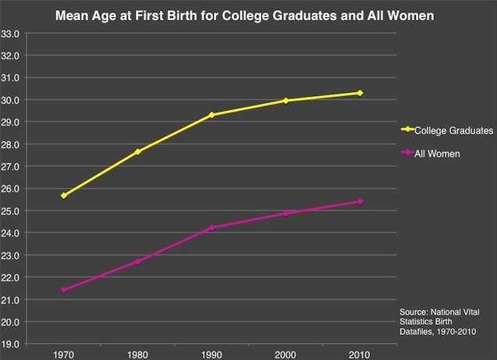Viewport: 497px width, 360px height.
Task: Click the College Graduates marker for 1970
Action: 63,195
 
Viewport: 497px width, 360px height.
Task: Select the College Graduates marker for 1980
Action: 137,151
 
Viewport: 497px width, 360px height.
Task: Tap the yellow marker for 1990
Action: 211,115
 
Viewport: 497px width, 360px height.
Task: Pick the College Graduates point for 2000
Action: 286,101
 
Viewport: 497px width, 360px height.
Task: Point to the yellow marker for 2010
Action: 360,93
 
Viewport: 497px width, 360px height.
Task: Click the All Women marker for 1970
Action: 63,290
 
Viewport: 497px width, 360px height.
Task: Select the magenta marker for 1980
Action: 137,262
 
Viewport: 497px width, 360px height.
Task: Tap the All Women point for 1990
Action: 211,228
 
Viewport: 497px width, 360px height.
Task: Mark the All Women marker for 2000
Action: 286,213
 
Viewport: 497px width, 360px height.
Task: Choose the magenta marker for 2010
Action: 360,201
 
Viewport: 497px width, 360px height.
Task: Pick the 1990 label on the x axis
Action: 211,353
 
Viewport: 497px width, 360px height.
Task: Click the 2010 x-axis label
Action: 360,353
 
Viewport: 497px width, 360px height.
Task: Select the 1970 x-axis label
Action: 63,353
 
